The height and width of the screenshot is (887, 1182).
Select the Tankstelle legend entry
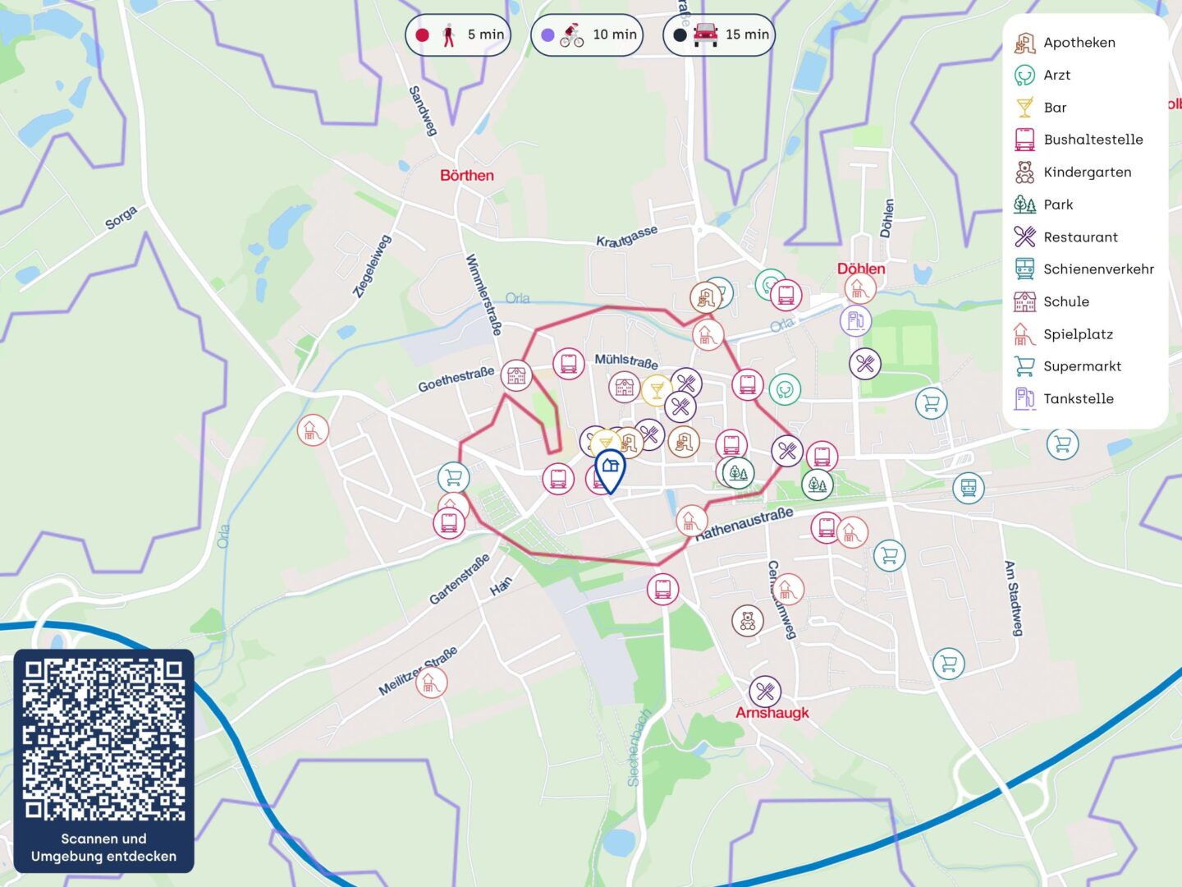[1065, 399]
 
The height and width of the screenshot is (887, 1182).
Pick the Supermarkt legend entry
[1068, 366]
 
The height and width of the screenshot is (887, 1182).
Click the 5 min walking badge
[458, 35]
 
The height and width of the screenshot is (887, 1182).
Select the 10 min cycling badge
[586, 35]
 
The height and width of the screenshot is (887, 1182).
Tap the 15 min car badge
[719, 35]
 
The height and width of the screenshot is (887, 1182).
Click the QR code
[103, 739]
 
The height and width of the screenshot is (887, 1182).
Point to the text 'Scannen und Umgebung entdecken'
[103, 848]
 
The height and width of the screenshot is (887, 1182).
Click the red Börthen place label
[466, 176]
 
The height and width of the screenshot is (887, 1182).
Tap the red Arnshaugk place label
[772, 713]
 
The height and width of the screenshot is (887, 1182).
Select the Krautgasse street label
[626, 237]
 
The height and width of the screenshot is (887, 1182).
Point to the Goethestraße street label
[456, 379]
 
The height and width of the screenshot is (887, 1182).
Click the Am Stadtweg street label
[1015, 598]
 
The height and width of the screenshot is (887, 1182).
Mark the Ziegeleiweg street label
[372, 265]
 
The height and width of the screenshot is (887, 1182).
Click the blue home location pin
[609, 469]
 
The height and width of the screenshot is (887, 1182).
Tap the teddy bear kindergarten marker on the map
[747, 621]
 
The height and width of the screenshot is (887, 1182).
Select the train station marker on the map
[968, 488]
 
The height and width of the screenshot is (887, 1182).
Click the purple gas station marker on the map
[855, 320]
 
